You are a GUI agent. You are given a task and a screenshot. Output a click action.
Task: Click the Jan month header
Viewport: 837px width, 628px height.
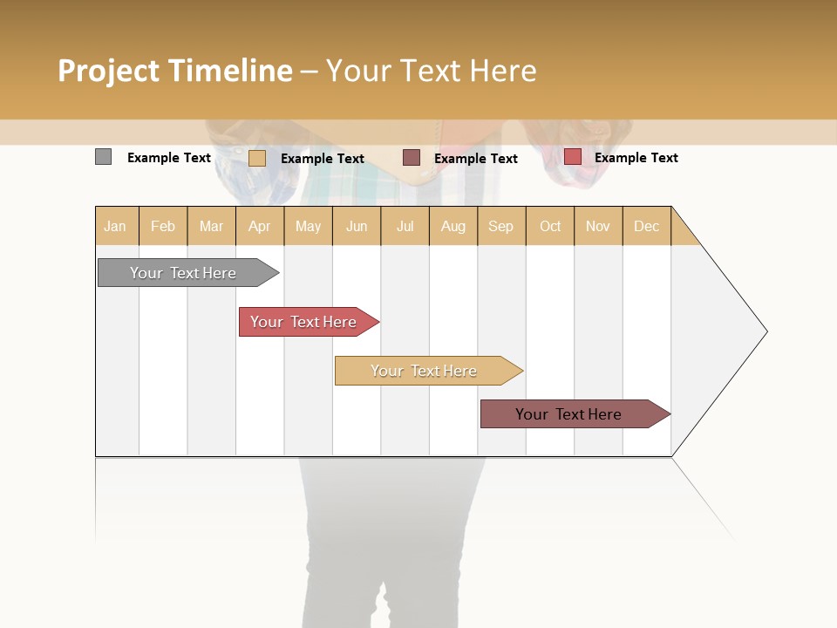pos(115,227)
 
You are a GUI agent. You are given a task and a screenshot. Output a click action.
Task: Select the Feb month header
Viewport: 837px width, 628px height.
pos(163,227)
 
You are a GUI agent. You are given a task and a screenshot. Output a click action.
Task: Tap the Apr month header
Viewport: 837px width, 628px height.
pos(259,227)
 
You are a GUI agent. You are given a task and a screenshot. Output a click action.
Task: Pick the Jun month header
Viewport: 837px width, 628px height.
pos(357,227)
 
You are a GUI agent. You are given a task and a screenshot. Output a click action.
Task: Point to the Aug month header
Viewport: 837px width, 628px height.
pos(453,227)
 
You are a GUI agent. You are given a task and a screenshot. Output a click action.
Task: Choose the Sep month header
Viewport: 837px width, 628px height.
pos(500,227)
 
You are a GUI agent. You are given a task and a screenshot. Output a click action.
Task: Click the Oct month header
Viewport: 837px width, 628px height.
pos(550,227)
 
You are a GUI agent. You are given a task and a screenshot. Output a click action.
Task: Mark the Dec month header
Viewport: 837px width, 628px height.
pos(646,227)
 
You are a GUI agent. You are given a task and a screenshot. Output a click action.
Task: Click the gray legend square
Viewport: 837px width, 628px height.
pos(103,157)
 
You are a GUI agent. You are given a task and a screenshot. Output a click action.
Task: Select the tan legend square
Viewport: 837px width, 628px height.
pos(256,158)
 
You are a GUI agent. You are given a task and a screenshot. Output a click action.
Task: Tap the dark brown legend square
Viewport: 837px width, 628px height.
pos(412,157)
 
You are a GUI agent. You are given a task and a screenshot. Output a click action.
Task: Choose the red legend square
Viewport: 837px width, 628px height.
pos(572,157)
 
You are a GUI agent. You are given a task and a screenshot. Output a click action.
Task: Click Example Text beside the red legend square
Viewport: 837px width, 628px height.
pos(636,158)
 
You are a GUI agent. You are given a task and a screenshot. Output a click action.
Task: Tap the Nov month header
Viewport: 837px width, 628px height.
pos(597,227)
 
